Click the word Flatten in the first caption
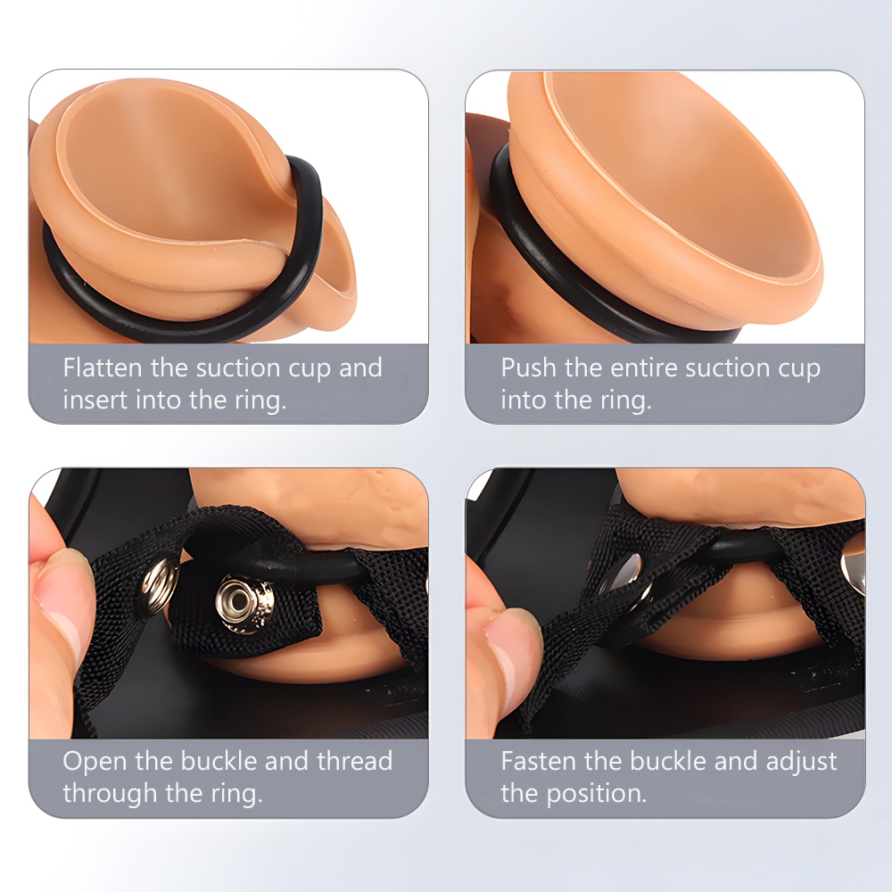(103, 368)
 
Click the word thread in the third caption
(354, 761)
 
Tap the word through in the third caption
(109, 793)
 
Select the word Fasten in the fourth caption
(533, 761)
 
